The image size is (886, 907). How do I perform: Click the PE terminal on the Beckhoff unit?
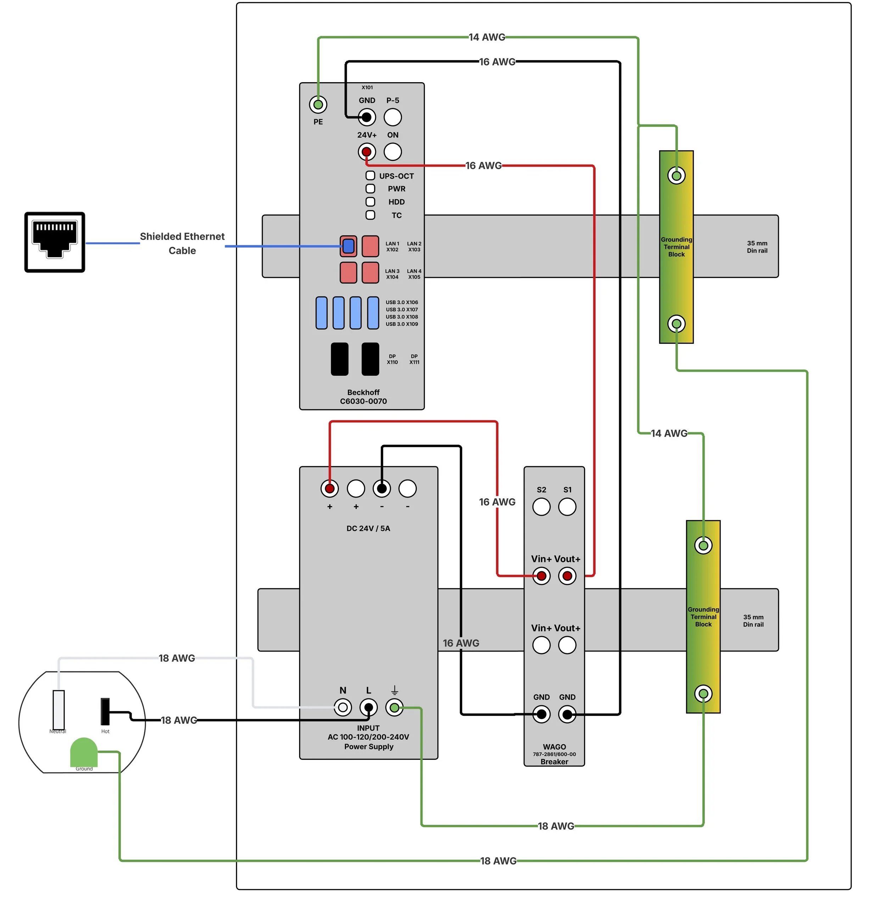tap(318, 105)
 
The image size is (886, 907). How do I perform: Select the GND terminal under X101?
tap(367, 117)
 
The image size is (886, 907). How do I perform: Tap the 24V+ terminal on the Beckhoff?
tap(367, 152)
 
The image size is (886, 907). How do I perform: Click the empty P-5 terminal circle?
tap(393, 117)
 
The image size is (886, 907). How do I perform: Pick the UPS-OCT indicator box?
tap(370, 175)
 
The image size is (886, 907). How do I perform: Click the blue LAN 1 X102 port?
tap(348, 246)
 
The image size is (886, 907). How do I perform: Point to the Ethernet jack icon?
tap(55, 242)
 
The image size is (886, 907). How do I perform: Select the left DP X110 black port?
tap(340, 359)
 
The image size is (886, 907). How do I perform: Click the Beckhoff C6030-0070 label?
tap(363, 397)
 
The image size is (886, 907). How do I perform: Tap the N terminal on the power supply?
tap(343, 708)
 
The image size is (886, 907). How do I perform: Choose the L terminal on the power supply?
tap(369, 708)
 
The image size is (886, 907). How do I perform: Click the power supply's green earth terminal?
tap(394, 708)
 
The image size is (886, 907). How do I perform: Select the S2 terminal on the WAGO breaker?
tap(541, 507)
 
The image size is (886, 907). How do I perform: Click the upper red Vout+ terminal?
tap(567, 576)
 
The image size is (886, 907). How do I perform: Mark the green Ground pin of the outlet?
tap(84, 752)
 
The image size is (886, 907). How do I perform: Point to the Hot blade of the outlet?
tap(106, 712)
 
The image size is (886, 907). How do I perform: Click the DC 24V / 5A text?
tap(368, 528)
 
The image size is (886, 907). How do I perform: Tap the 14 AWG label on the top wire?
tap(487, 37)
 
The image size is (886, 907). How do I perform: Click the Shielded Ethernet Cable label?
tap(183, 243)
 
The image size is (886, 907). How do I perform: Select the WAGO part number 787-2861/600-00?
tap(554, 754)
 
